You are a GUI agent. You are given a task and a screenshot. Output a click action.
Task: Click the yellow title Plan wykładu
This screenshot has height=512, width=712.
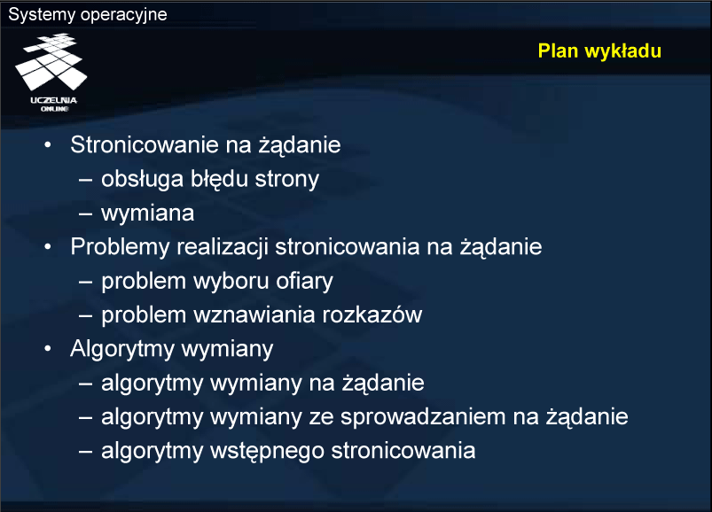click(599, 51)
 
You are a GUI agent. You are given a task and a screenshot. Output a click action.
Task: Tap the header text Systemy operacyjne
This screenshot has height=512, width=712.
click(88, 14)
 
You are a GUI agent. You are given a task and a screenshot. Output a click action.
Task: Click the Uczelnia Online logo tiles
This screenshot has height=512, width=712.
click(51, 62)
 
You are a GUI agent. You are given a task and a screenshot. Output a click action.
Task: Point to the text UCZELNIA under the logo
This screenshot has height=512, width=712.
click(53, 100)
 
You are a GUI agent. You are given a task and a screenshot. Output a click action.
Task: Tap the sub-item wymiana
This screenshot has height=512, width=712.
click(147, 213)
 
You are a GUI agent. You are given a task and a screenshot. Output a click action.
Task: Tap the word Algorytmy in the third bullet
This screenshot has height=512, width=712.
click(122, 349)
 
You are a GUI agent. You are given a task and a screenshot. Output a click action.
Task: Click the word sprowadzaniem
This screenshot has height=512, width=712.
click(423, 417)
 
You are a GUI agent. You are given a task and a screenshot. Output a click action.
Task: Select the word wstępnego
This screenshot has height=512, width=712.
click(267, 451)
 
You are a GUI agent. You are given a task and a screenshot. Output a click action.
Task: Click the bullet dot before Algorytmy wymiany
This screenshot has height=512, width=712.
click(48, 349)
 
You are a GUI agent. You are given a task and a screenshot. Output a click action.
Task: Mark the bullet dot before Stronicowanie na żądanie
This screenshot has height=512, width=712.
click(48, 144)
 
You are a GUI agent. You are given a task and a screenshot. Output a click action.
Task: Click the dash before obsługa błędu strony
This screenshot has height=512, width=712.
click(86, 180)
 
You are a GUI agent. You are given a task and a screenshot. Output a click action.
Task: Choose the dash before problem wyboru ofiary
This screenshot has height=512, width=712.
click(86, 282)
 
